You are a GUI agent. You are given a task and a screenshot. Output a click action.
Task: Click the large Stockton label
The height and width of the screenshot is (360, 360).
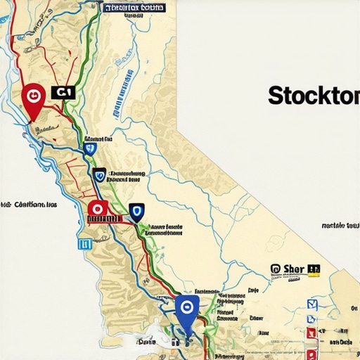click(x=313, y=96)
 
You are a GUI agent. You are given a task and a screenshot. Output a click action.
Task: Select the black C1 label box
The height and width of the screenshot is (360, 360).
click(x=63, y=91)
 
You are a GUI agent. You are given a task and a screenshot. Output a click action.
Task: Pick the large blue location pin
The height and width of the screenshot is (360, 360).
click(x=187, y=309)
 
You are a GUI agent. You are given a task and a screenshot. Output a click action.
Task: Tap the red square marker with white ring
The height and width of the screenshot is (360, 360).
click(x=97, y=208)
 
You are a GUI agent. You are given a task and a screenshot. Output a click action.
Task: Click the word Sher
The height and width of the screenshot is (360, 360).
click(x=295, y=269)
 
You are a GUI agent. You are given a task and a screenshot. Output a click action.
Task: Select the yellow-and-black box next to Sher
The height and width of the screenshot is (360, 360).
click(x=314, y=269)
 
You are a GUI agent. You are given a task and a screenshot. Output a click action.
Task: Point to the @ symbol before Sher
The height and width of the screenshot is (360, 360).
click(x=276, y=269)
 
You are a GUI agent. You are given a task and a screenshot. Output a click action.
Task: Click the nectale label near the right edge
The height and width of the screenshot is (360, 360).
click(x=340, y=226)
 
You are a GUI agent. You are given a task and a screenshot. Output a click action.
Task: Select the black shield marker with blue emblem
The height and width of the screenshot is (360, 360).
click(x=99, y=174)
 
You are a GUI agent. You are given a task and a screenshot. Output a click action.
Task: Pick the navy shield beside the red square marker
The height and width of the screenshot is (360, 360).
click(x=135, y=210)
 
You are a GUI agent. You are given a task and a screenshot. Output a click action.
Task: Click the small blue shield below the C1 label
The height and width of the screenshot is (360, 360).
click(x=89, y=148)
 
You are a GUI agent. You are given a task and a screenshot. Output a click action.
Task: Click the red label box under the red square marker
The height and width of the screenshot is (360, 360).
click(x=103, y=219)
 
